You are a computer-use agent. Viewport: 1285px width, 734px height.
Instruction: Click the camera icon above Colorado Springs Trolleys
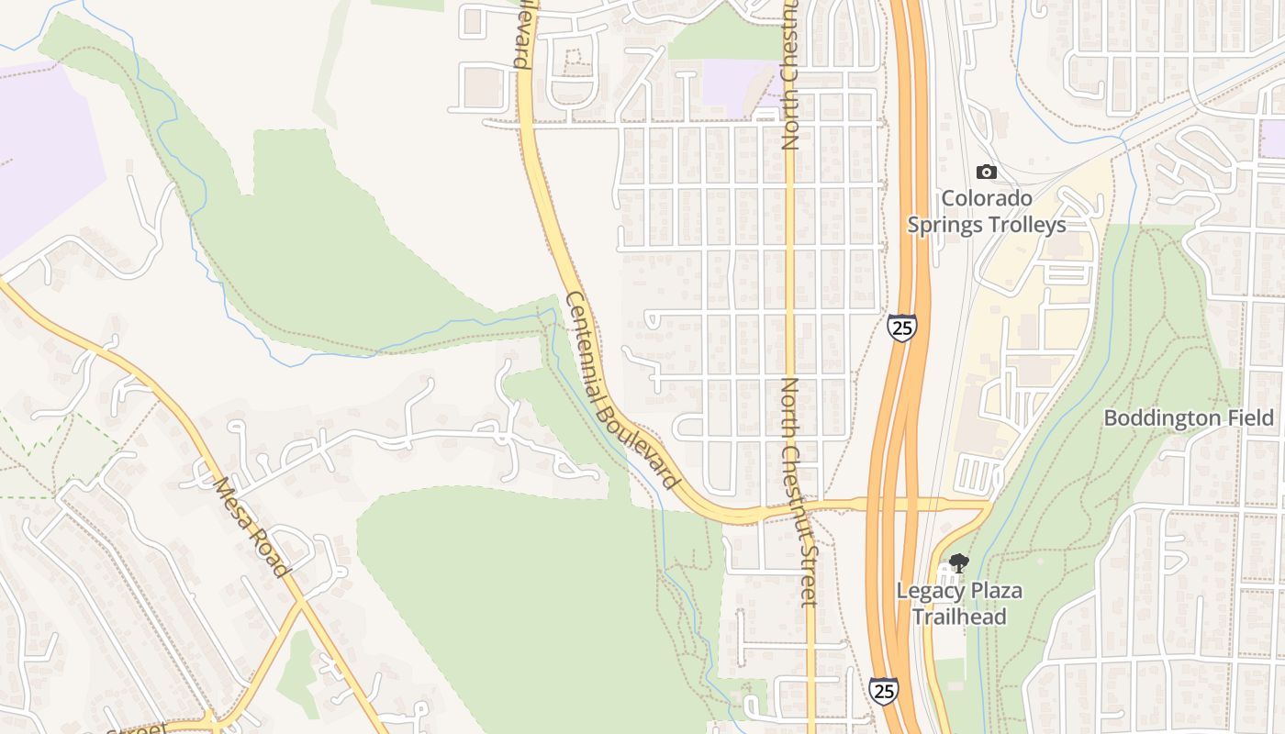987,172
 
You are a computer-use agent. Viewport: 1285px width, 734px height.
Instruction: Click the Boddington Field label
1189,418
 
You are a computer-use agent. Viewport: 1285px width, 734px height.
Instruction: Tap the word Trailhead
959,617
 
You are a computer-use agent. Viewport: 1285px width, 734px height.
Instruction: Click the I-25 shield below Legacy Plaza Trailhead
884,690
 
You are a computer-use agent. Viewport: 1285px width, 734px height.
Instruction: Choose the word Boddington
1161,418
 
